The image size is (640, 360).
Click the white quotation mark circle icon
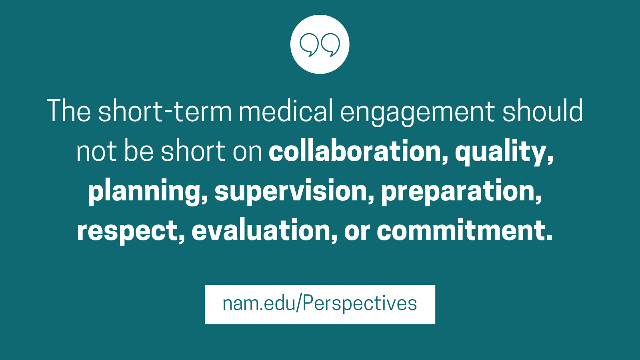point(320,44)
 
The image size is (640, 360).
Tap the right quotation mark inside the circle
point(330,45)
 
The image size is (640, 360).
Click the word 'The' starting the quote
point(69,110)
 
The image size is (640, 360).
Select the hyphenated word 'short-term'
point(165,110)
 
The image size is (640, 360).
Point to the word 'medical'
point(286,110)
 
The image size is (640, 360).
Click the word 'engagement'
point(418,112)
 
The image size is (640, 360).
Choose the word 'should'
point(543,110)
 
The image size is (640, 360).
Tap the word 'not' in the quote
point(96,152)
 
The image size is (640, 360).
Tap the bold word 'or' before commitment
point(357,232)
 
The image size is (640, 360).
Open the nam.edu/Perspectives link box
point(320,304)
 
